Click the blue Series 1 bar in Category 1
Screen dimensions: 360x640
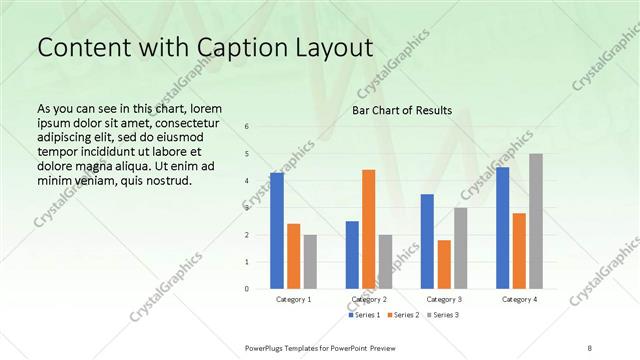pos(277,230)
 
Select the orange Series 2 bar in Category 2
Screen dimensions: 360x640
pos(368,229)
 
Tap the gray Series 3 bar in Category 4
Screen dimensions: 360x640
pos(536,221)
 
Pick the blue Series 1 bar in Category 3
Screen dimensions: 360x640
pos(427,241)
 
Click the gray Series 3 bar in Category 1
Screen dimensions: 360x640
pos(310,261)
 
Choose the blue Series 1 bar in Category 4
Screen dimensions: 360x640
pos(502,228)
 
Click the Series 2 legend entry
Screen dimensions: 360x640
pos(403,315)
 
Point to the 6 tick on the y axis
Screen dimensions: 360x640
pos(247,126)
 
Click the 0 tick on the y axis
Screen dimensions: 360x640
pos(247,288)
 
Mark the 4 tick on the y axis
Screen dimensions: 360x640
pos(247,180)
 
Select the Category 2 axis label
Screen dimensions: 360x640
pos(369,299)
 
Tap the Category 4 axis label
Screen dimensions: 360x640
pos(519,299)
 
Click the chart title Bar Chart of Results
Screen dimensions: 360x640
pos(402,110)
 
